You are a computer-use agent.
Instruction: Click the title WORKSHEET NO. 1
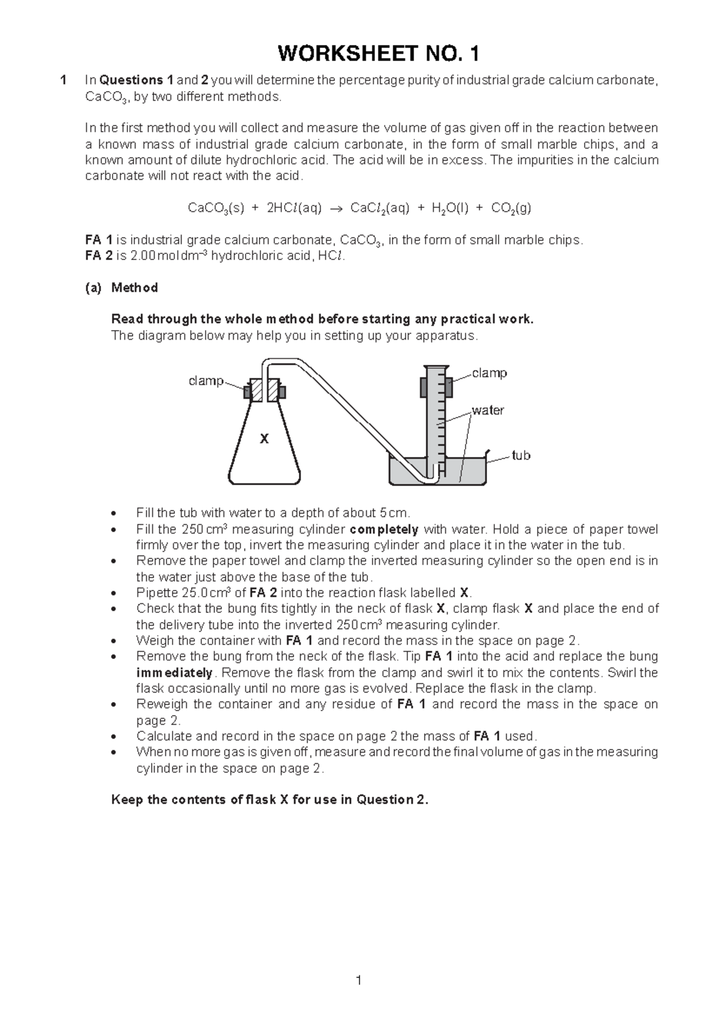click(x=378, y=55)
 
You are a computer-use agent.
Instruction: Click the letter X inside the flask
click(x=264, y=439)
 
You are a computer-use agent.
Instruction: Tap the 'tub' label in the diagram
click(x=521, y=456)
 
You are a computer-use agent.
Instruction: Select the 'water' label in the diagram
click(x=488, y=410)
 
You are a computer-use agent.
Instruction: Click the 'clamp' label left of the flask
click(x=206, y=381)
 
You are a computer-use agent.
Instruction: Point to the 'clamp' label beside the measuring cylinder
click(x=489, y=373)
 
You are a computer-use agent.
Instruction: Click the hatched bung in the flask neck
click(x=264, y=391)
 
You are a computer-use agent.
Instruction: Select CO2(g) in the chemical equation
click(x=510, y=208)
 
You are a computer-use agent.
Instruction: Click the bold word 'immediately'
click(x=174, y=673)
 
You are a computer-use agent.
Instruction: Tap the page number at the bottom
click(x=358, y=980)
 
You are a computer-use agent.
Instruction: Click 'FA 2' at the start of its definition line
click(x=98, y=256)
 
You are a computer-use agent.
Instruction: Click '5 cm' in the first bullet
click(x=393, y=513)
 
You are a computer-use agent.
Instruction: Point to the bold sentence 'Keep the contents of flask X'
click(x=270, y=800)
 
